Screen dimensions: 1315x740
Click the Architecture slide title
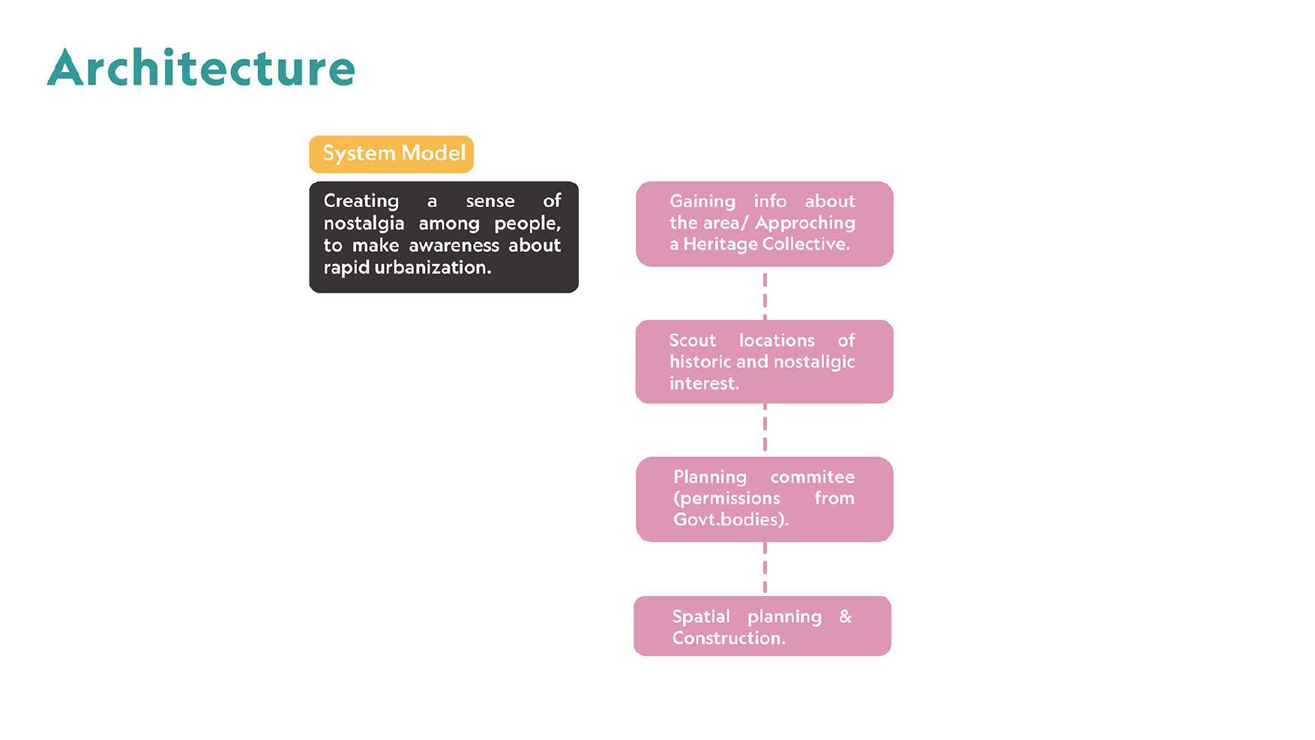tap(201, 68)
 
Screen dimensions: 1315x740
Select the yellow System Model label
tap(391, 154)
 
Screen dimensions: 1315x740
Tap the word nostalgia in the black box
tap(364, 224)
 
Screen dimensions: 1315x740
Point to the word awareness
tap(454, 246)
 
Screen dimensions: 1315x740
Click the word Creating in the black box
tap(361, 202)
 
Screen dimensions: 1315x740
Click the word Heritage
tap(720, 244)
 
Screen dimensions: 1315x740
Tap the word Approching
tap(805, 223)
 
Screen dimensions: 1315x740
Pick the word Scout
tap(693, 340)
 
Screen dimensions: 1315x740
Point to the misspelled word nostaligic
tap(814, 363)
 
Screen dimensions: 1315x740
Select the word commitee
tap(813, 477)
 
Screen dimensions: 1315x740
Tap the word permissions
tap(726, 499)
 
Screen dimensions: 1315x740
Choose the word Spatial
tap(701, 617)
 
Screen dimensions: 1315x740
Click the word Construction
tap(727, 638)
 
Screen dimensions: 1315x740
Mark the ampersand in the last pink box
tap(846, 616)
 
